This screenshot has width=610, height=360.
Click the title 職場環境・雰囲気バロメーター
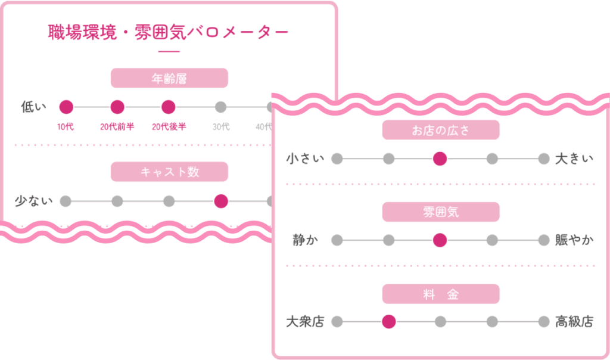pos(169,32)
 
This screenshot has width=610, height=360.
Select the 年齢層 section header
pos(169,78)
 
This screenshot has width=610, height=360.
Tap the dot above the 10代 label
pos(66,107)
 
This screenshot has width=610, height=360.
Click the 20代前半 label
pos(117,126)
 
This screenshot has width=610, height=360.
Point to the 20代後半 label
pos(169,126)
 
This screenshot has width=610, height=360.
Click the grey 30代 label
pos(221,126)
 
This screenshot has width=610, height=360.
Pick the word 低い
pos(33,107)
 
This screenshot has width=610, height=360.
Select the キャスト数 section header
pos(169,172)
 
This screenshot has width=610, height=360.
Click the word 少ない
pos(33,201)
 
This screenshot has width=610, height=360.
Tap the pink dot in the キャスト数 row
pos(221,201)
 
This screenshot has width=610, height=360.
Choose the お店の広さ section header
pos(440,130)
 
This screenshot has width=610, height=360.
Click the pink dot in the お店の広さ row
pos(440,159)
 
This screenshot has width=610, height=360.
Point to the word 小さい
pos(305,159)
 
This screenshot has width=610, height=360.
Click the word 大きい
pos(574,159)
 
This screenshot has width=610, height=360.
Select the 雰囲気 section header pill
pos(440,212)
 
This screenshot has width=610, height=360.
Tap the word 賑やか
pos(574,240)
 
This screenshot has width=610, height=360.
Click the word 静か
pos(305,240)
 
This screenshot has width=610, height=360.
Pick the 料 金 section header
pos(440,294)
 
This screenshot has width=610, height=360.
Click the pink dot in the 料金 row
pos(388,322)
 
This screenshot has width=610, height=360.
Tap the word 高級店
pos(574,322)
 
